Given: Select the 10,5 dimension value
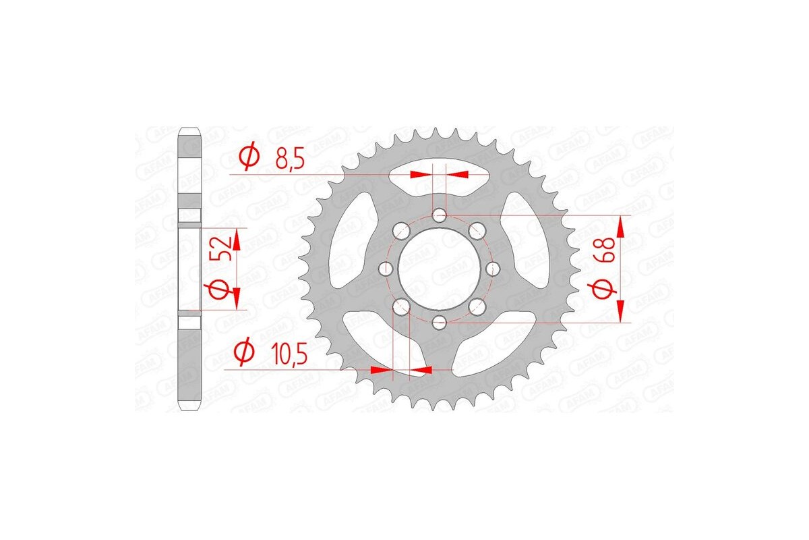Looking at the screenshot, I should pyautogui.click(x=295, y=353).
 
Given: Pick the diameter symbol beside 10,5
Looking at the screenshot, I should pyautogui.click(x=243, y=352).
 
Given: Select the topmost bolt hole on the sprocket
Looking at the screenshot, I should pyautogui.click(x=440, y=216).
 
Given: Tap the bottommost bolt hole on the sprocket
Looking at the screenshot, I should pyautogui.click(x=440, y=321).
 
